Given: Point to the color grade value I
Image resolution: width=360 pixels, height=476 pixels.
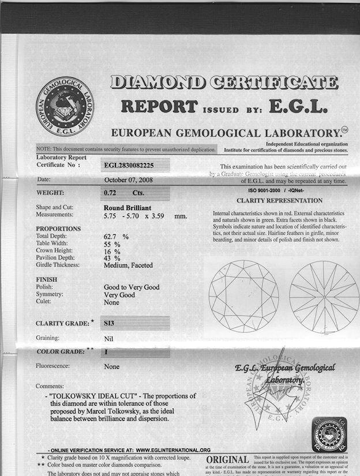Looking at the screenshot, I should click(x=107, y=351).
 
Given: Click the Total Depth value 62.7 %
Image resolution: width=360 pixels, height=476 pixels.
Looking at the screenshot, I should click(x=115, y=237).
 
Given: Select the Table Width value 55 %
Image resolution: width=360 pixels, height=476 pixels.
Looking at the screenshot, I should click(x=112, y=244).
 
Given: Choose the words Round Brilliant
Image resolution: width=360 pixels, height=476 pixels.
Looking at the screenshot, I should click(x=129, y=207).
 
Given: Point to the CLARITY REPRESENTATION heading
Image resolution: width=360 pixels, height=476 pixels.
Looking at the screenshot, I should click(x=280, y=201).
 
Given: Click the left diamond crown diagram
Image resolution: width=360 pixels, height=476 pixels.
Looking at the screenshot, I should click(x=243, y=288).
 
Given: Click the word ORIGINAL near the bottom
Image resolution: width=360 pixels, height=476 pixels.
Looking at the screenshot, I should click(x=227, y=459).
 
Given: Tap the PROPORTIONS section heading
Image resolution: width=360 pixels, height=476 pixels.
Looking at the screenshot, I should click(x=58, y=228).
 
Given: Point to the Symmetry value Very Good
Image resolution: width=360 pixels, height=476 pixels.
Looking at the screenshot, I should click(x=119, y=294).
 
